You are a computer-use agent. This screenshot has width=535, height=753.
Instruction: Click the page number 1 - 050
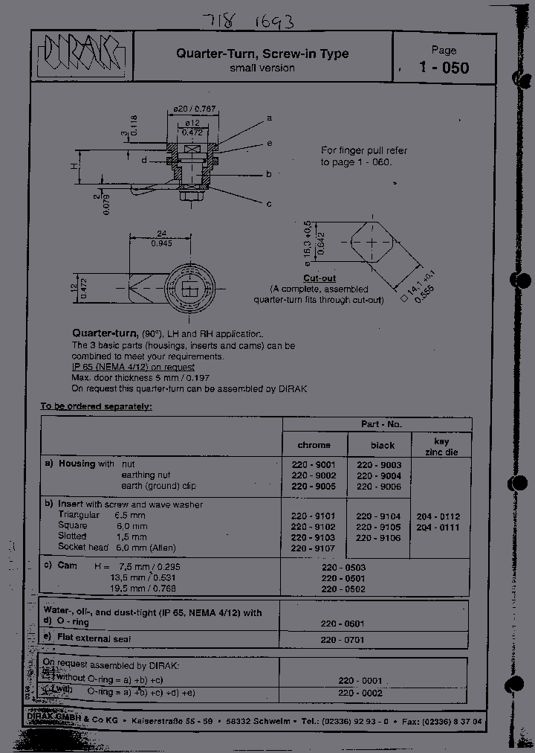(444, 68)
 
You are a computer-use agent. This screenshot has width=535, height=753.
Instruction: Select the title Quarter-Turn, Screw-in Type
(262, 54)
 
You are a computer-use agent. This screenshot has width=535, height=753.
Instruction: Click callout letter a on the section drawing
(269, 118)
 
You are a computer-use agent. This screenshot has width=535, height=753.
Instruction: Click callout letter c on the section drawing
(269, 203)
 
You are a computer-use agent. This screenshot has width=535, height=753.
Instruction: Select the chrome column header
(314, 445)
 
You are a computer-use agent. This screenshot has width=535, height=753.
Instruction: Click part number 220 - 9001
(314, 464)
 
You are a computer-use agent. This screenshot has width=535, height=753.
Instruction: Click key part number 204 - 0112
(438, 516)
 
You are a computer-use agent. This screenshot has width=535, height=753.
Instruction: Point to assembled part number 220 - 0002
(360, 692)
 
